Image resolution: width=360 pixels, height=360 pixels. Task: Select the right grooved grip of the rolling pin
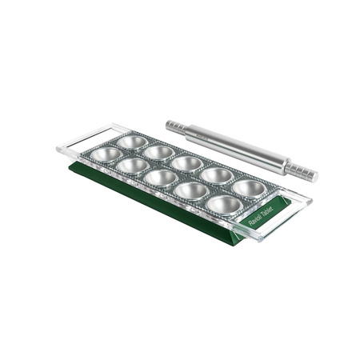302,171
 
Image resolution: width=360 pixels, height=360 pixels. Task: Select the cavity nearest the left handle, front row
106,154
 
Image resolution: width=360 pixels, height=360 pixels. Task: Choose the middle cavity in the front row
162,177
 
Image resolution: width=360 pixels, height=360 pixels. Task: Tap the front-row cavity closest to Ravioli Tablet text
225,205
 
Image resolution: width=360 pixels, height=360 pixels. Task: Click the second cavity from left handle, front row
133,165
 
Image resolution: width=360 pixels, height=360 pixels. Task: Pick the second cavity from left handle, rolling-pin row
159,151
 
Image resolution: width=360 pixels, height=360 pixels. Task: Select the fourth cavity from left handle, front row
192,190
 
